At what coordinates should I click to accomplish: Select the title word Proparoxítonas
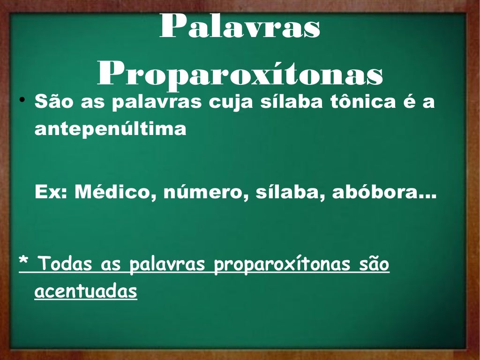[240, 75]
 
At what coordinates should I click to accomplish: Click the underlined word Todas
[66, 265]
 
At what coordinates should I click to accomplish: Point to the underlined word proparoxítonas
[281, 265]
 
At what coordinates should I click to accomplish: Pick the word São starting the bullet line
[55, 102]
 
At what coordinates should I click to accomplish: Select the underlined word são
[373, 265]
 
